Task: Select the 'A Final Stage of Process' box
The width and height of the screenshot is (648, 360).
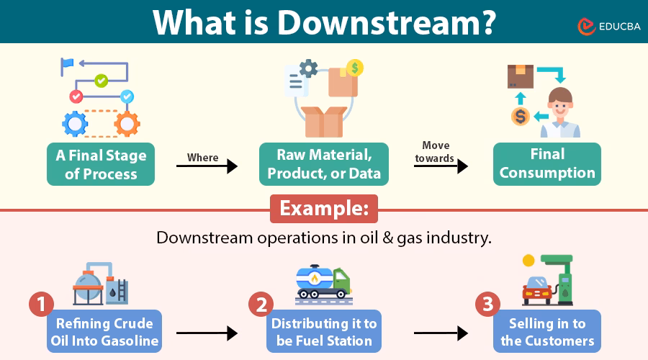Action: click(101, 164)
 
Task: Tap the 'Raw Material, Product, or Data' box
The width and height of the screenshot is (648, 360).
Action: click(324, 164)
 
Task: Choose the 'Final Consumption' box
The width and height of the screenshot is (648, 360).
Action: click(547, 164)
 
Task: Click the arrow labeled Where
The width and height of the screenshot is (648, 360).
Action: click(207, 166)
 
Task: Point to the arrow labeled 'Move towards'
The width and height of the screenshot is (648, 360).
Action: click(441, 166)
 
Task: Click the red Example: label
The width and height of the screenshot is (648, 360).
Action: click(323, 209)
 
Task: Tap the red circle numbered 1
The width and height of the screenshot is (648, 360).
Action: click(41, 305)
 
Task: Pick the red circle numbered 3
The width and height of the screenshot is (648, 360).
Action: click(487, 305)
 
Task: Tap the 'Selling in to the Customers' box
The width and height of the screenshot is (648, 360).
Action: click(547, 331)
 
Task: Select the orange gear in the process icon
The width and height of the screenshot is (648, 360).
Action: click(127, 124)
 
